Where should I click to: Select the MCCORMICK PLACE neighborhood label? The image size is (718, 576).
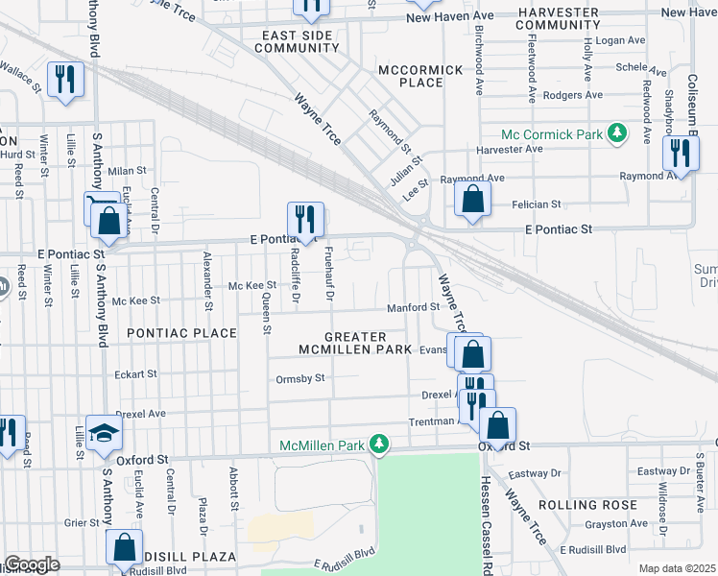(x=420, y=76)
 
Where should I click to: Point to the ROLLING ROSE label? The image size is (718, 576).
(x=588, y=505)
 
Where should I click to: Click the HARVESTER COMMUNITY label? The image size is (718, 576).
(x=558, y=18)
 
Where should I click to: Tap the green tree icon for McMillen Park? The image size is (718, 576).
(x=381, y=444)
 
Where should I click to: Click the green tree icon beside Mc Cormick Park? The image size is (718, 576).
(x=619, y=133)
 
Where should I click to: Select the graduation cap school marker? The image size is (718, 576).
(x=104, y=433)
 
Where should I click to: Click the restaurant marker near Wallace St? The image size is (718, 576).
(x=64, y=80)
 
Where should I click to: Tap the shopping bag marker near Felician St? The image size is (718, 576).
(x=472, y=199)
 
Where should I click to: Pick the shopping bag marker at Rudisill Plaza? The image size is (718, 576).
(x=124, y=546)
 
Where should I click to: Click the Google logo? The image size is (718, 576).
(x=32, y=564)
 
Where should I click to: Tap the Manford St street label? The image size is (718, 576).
(x=413, y=308)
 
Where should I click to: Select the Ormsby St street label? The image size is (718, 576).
(x=301, y=378)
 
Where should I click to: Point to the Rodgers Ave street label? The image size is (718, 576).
(x=572, y=95)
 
